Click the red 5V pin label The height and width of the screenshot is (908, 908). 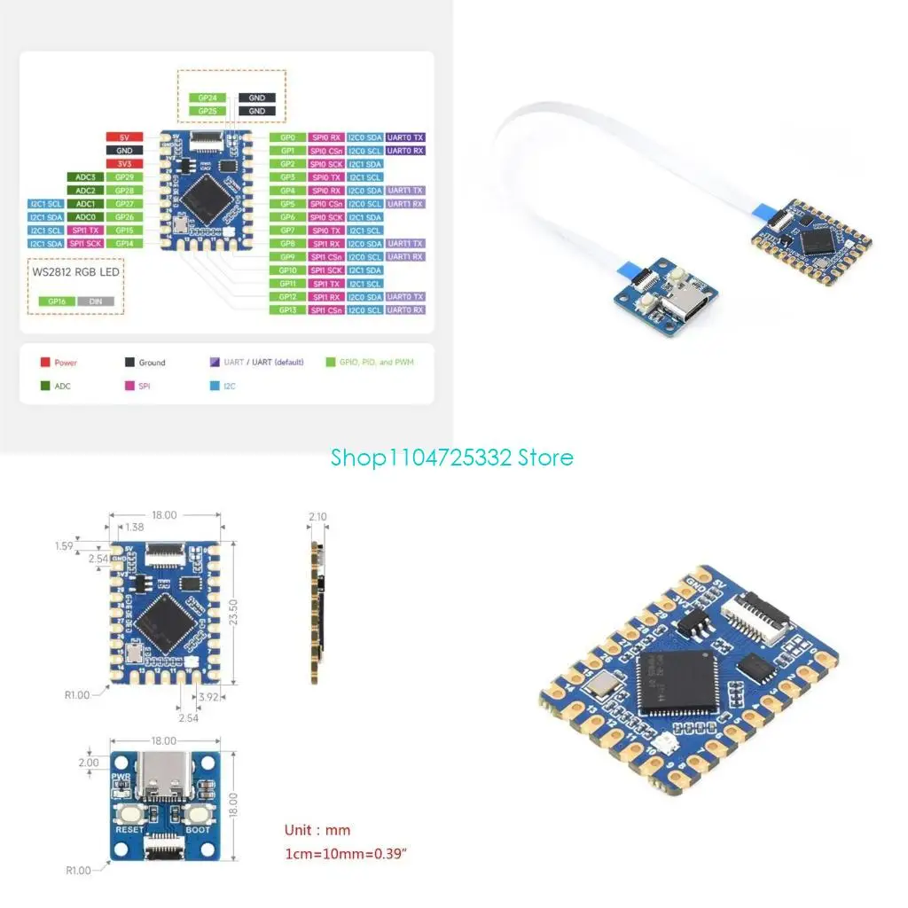[x=124, y=137]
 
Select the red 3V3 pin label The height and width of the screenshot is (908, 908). [x=124, y=164]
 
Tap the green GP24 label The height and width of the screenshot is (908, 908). [x=207, y=98]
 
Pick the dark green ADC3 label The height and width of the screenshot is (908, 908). [x=85, y=177]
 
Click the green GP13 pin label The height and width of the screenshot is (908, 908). [x=287, y=309]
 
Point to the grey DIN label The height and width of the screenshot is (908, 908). [x=95, y=301]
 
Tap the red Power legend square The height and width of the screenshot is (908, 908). [x=44, y=363]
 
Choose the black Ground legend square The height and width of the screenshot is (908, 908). [x=129, y=363]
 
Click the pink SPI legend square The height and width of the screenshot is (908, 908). [x=129, y=387]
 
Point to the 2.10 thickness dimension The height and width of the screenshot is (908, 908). [x=317, y=516]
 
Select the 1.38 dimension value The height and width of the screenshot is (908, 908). [x=135, y=527]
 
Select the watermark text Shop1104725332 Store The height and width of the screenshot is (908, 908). [x=452, y=458]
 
